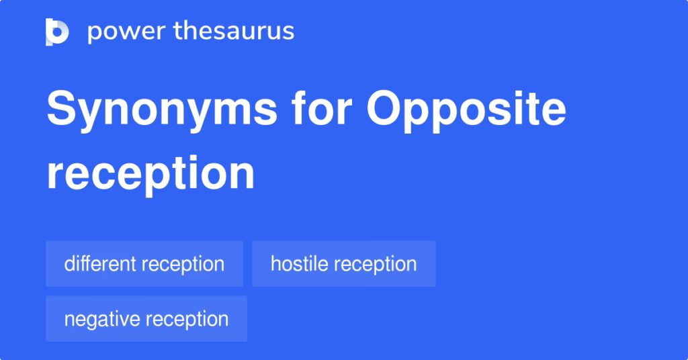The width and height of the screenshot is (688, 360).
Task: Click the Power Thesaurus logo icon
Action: point(57,32)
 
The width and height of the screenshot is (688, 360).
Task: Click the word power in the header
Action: point(126,32)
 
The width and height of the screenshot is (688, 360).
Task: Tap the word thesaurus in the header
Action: point(234,31)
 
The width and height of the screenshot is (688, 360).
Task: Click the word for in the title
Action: point(322,108)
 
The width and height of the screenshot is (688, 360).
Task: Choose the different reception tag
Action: point(144,263)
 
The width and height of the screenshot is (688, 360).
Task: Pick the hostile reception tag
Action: point(344,263)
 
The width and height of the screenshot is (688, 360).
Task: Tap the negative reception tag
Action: point(146,319)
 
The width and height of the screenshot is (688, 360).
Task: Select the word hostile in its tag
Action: point(299,263)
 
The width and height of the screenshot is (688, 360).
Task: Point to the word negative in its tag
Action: point(102,320)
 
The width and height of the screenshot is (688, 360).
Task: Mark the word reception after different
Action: point(183,265)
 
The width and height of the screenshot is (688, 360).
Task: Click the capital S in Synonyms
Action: point(62,108)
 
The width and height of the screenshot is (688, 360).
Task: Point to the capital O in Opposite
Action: point(385,108)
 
